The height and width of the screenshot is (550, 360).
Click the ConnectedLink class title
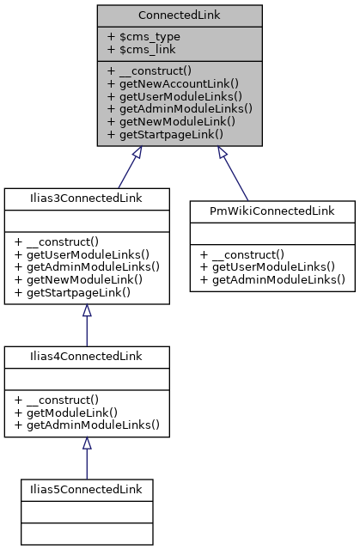coord(179,16)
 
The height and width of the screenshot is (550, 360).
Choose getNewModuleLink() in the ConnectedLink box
coord(172,121)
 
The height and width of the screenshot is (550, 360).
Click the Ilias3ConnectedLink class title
coord(85,198)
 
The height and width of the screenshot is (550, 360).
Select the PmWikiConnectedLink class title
coord(272,210)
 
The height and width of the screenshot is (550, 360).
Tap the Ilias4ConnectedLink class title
coord(85,356)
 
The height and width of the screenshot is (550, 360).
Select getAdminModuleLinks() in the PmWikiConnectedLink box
coord(272,279)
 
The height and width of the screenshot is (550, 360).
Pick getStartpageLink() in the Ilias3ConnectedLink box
coord(72,292)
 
